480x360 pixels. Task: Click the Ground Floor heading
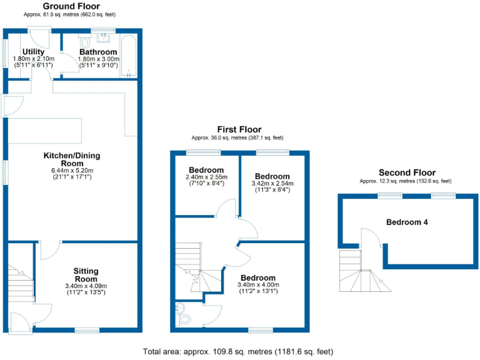pos(71,6)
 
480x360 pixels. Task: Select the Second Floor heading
pos(407,172)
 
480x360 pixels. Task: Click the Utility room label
pos(33,51)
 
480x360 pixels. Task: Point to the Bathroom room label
pos(98,51)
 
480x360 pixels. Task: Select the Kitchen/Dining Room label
pos(71,159)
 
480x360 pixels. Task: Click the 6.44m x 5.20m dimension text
pos(71,169)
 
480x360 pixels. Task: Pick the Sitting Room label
pos(87,275)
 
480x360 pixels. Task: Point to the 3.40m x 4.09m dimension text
pos(87,287)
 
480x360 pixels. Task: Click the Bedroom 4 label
pos(407,222)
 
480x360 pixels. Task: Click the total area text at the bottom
pos(239,351)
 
